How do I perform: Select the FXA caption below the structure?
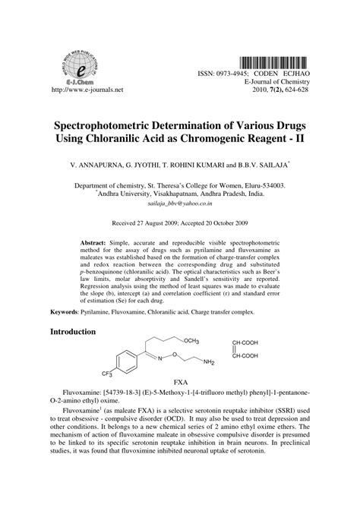pyautogui.click(x=180, y=381)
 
